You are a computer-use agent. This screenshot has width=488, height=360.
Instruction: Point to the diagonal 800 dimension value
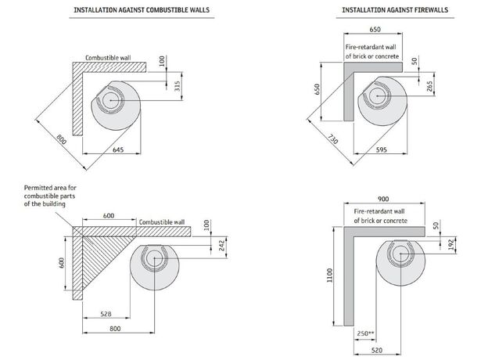[61, 142]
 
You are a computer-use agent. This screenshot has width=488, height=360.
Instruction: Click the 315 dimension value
[177, 86]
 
